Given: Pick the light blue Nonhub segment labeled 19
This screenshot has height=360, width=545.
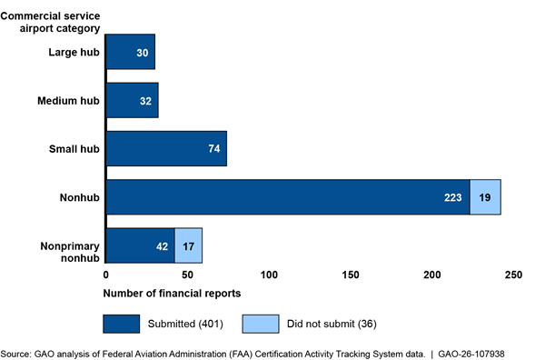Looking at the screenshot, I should click(x=485, y=197).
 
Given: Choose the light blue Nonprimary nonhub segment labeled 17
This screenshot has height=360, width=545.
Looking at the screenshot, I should click(x=188, y=246).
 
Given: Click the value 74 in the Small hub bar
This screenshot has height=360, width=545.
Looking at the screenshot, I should click(x=213, y=149).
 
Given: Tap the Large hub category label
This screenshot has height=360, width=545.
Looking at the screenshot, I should click(x=74, y=52).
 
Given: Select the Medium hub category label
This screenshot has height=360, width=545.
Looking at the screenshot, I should click(x=68, y=100).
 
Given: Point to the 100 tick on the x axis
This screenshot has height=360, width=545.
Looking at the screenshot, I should click(x=269, y=274).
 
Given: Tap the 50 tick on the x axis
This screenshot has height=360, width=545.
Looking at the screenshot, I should click(x=187, y=274).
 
